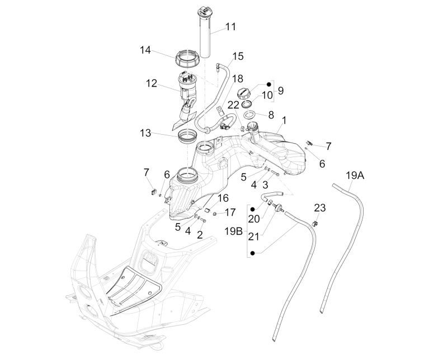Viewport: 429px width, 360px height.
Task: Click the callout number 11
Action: click(230, 26)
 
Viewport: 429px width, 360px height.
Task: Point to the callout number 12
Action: click(152, 83)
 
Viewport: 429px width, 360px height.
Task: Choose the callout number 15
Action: click(238, 56)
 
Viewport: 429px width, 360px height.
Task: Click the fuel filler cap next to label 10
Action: click(245, 93)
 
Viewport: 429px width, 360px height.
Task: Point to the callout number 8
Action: click(267, 95)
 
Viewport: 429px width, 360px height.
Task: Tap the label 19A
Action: click(355, 175)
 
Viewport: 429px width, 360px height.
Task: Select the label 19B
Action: click(233, 230)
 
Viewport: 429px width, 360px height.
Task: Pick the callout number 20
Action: click(254, 219)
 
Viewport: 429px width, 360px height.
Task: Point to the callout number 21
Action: click(254, 237)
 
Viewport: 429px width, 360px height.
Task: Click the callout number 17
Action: click(230, 212)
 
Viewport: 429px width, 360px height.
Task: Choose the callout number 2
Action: click(200, 235)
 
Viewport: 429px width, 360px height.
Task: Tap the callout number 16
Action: click(223, 198)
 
